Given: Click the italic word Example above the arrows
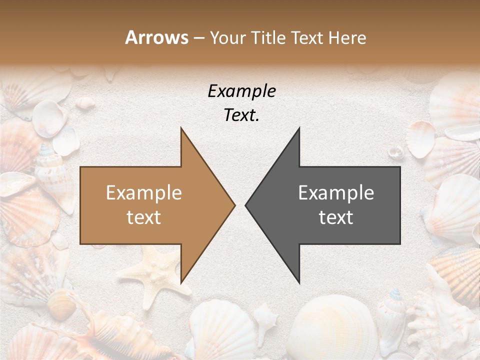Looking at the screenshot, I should coord(241,91).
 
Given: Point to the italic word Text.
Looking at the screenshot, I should coord(241,115).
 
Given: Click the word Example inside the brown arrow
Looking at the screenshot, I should coord(144,193).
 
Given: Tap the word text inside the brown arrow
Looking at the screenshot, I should coord(144,217).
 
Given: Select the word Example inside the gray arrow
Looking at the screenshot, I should coord(336,193).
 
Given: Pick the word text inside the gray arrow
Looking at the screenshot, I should coord(336,217).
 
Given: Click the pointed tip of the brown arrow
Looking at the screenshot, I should coord(235,205).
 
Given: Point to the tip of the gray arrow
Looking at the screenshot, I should coord(245,205).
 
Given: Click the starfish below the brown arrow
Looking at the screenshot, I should coord(155,270).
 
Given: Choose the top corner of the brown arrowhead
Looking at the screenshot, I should coord(181,127).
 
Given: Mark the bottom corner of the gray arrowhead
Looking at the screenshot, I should coord(299,283).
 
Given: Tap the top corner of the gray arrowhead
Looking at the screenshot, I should coord(299,127).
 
